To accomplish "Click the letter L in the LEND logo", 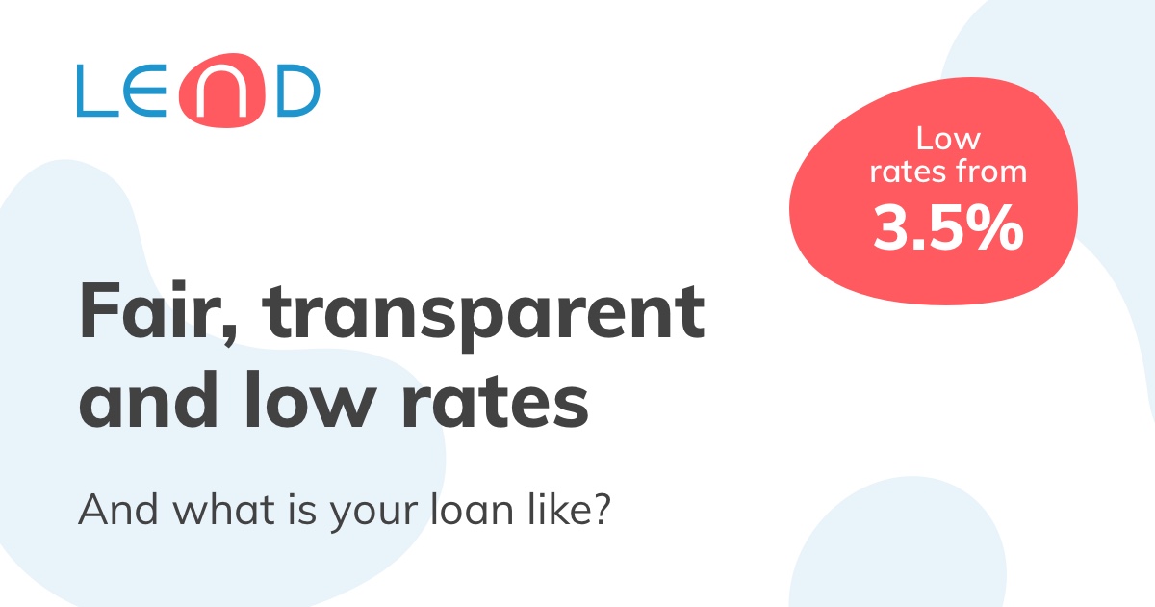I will pos(94,92).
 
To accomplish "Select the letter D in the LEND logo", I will pos(291,92).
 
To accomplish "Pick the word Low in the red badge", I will pos(948,139).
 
